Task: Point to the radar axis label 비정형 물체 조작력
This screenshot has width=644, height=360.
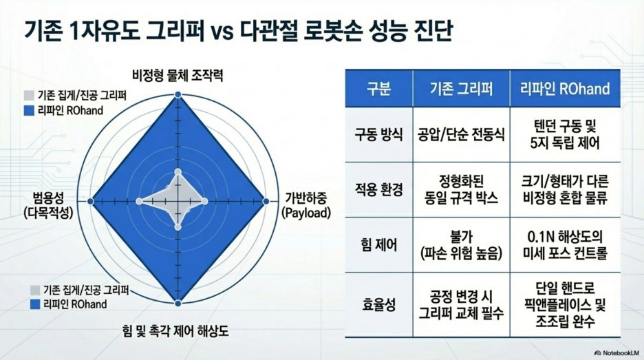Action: coord(178,76)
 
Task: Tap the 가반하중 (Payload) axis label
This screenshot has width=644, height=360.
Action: coord(306,206)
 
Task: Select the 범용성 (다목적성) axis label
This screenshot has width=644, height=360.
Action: coord(48,206)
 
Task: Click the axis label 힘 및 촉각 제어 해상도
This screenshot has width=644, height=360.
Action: coord(175,331)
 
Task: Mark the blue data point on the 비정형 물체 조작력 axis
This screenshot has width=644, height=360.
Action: coord(178,95)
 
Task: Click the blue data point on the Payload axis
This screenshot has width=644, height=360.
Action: coord(266,202)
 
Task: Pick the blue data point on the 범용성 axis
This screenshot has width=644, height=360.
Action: coord(91,202)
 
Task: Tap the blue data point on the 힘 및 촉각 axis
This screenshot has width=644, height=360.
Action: coord(178,304)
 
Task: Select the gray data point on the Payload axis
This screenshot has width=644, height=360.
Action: coord(204,202)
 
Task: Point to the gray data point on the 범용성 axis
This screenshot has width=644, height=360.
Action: coord(139,202)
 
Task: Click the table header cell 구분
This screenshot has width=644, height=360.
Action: coord(378,89)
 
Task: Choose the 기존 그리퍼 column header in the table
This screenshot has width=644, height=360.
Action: coord(461,89)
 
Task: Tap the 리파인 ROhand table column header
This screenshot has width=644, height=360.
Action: coord(565,89)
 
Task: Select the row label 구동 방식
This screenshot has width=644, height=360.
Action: coord(378,135)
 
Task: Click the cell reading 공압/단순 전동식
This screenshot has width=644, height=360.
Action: coord(461,135)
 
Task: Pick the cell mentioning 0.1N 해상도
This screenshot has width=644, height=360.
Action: coord(565,245)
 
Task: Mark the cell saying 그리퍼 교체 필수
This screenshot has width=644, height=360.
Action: coord(461,305)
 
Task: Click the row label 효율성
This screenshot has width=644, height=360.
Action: coord(378,305)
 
